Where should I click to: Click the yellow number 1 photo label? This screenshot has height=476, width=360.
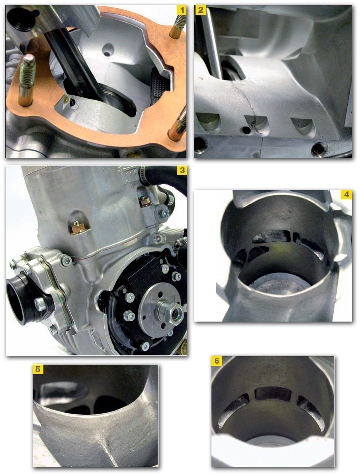pyautogui.click(x=182, y=10)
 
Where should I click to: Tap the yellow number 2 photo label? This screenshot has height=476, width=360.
pyautogui.click(x=200, y=10)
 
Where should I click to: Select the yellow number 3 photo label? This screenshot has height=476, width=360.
pyautogui.click(x=182, y=170)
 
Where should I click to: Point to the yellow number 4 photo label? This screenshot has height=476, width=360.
pyautogui.click(x=346, y=195)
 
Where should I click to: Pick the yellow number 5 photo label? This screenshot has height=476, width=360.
pyautogui.click(x=38, y=369)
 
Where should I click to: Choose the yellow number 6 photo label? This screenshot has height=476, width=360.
pyautogui.click(x=217, y=361)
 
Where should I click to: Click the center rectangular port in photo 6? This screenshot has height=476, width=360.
pyautogui.click(x=272, y=394)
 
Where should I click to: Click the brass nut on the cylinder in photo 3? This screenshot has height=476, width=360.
pyautogui.click(x=79, y=227)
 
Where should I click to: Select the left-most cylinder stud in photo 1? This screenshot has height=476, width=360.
pyautogui.click(x=27, y=80)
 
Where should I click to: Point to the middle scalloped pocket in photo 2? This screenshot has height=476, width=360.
pyautogui.click(x=257, y=123)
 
